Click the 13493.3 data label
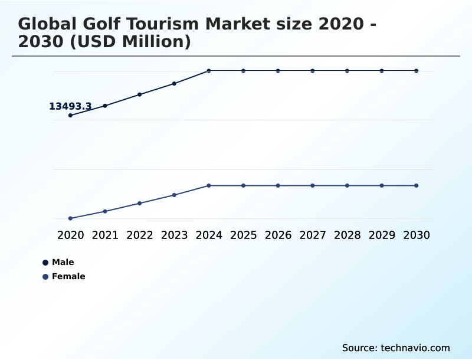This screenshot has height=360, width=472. [x=70, y=106]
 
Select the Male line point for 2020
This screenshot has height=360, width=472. [x=70, y=115]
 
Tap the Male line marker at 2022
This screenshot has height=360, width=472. [x=140, y=94]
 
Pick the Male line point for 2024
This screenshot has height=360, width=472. [x=209, y=71]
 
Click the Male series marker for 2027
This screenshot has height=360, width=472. [x=313, y=71]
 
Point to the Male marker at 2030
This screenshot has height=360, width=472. [x=417, y=71]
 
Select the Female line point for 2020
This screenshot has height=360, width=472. [x=70, y=218]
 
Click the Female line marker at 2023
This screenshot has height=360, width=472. [x=174, y=195]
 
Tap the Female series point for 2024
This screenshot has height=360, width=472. [x=209, y=185]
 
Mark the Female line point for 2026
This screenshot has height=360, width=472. [x=278, y=185]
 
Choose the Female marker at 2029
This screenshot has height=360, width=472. [x=382, y=185]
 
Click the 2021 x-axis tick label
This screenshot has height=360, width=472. [x=105, y=235]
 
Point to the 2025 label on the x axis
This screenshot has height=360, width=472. [x=243, y=235]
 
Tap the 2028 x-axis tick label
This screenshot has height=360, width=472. [x=347, y=235]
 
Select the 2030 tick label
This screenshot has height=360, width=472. [x=417, y=235]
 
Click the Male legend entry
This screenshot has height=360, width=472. [x=63, y=262]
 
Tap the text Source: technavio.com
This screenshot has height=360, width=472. [x=396, y=348]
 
